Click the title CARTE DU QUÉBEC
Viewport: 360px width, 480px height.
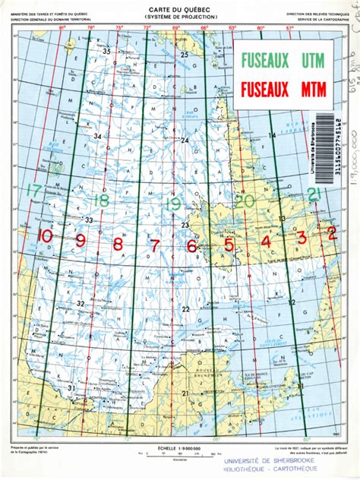click(180, 7)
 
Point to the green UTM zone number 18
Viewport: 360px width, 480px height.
click(101, 201)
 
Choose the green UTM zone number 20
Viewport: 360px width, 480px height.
click(244, 201)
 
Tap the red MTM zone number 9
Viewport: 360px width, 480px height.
click(80, 241)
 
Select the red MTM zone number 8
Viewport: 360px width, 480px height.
click(117, 244)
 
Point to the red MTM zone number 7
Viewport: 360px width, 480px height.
click(154, 245)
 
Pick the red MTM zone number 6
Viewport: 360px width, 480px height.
click(191, 246)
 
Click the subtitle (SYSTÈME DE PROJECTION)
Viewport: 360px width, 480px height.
click(180, 14)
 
